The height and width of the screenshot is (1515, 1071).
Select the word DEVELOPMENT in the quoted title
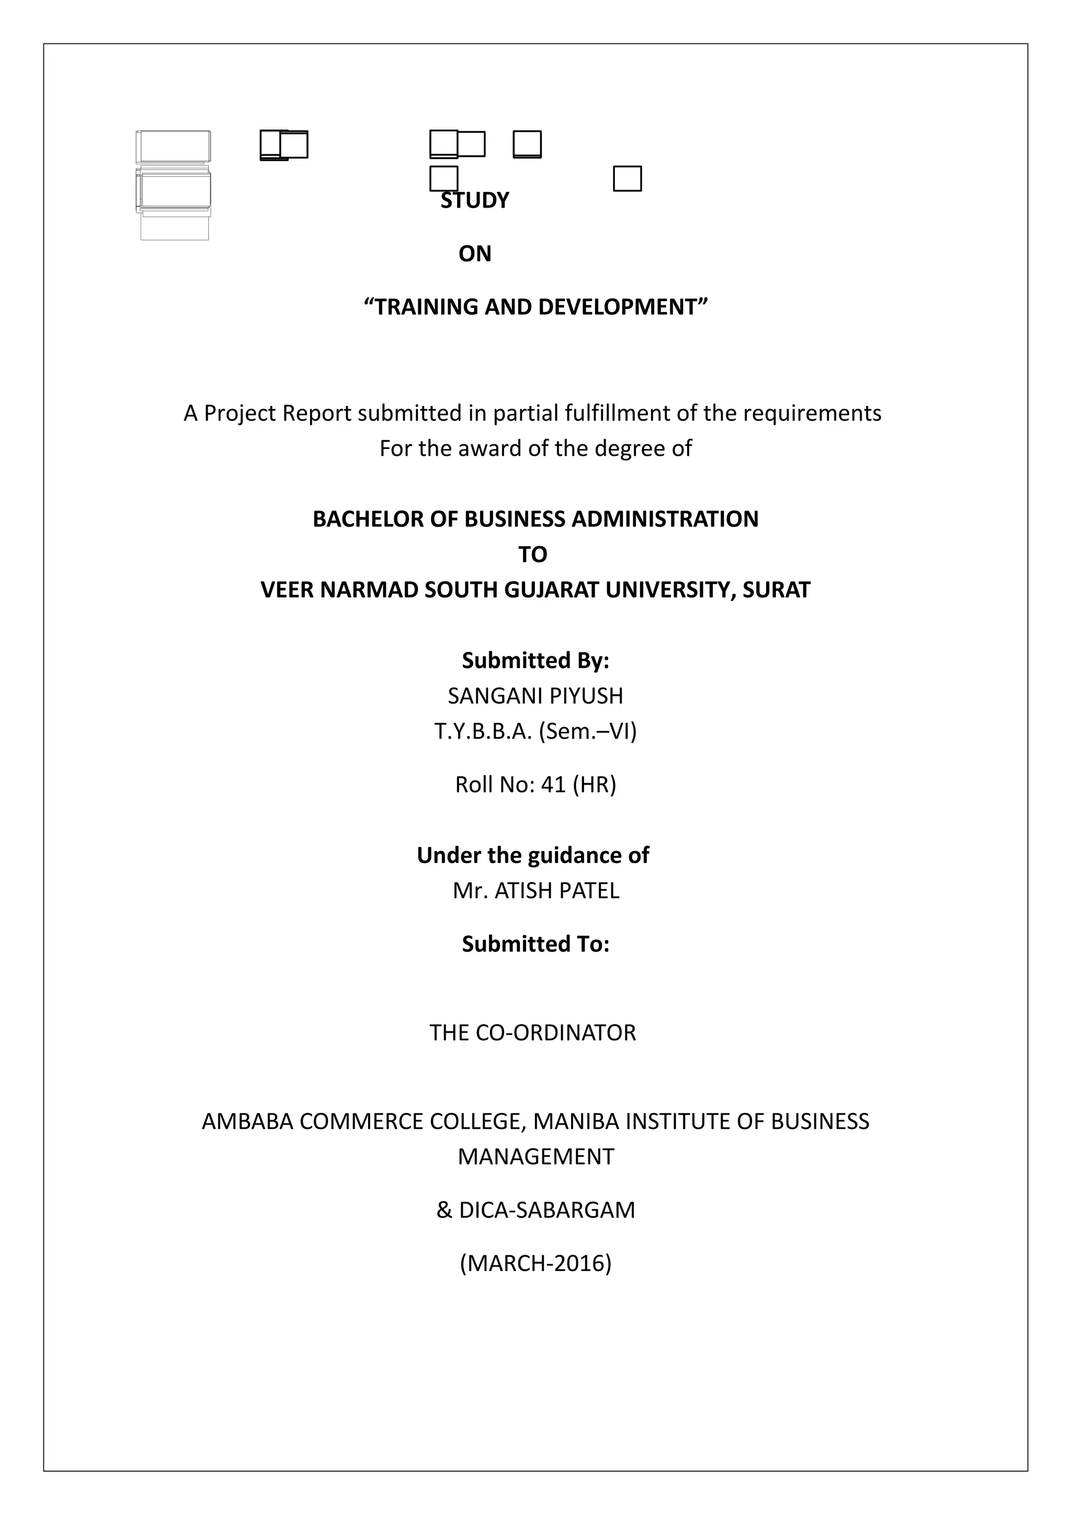point(622,307)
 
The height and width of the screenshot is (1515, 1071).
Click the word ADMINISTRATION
point(665,519)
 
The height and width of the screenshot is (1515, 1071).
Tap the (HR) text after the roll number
point(594,785)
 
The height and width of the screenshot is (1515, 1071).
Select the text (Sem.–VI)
point(587,731)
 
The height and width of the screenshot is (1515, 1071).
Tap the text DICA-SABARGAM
point(546,1210)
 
